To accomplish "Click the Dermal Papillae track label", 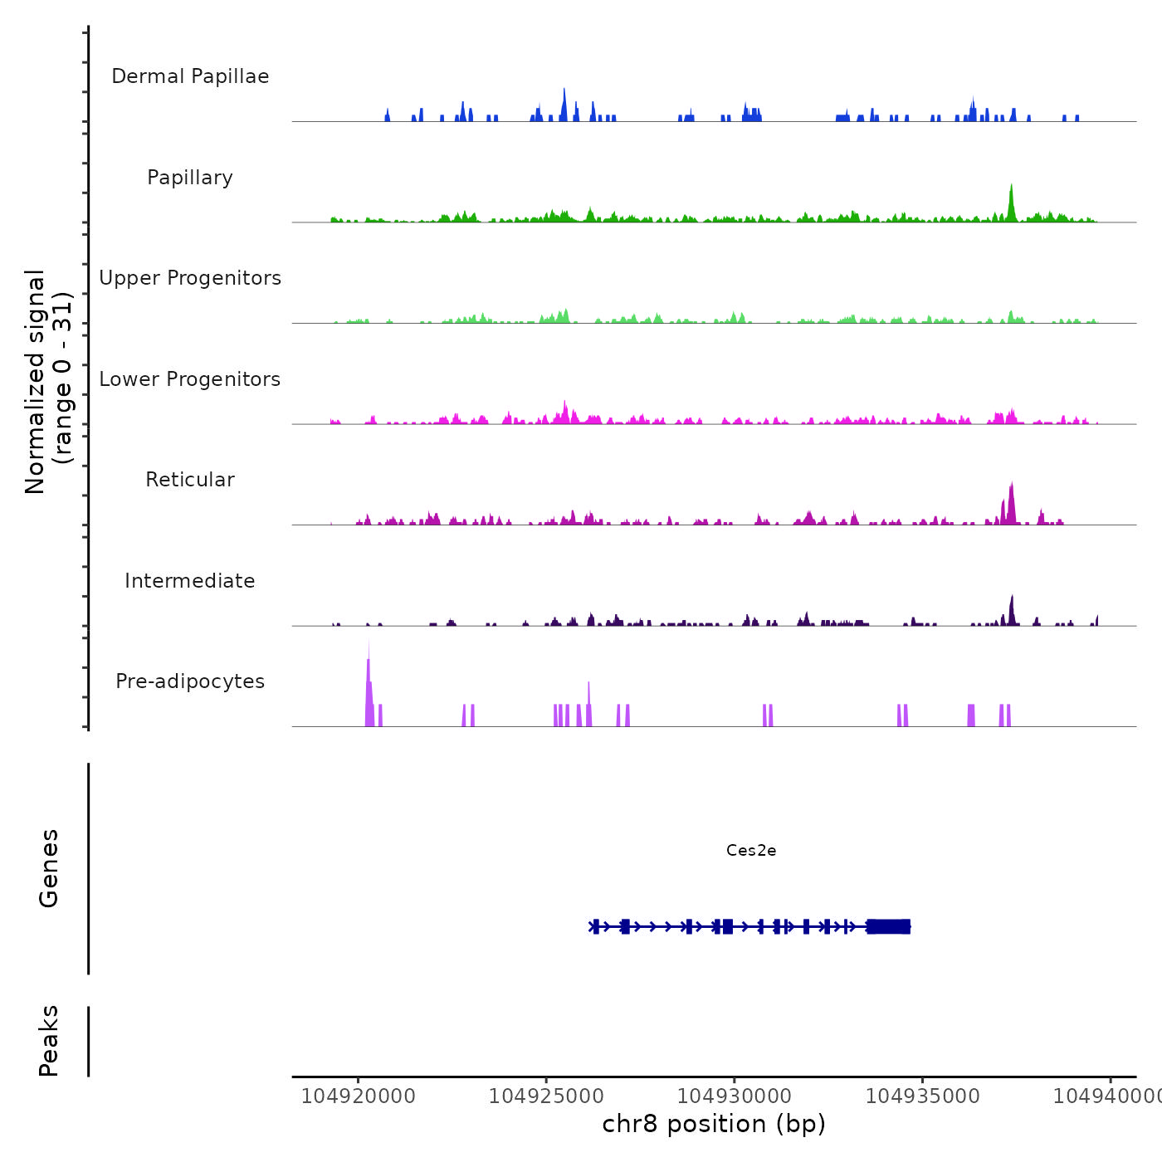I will click(190, 76).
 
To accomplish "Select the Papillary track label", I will click(190, 178).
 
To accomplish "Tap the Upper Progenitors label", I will click(190, 278).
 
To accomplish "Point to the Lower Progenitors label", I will click(190, 379).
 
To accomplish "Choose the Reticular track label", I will click(190, 480).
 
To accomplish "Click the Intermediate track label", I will click(190, 581).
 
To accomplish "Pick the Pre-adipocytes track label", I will click(190, 681).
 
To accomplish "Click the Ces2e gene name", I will click(751, 850).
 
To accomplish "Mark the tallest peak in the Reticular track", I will click(1011, 494).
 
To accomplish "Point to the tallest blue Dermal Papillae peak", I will click(564, 95).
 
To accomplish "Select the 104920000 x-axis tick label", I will click(358, 1096).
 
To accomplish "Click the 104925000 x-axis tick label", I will click(546, 1096).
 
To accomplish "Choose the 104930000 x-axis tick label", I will click(735, 1096).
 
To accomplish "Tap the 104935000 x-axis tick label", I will click(922, 1096).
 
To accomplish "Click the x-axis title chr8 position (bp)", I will click(714, 1124).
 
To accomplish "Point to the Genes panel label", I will click(49, 868).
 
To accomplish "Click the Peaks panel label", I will click(49, 1041).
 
